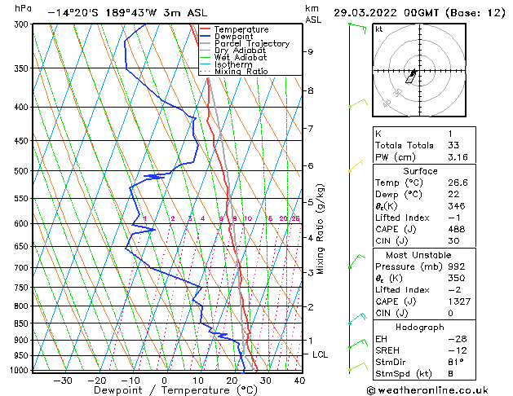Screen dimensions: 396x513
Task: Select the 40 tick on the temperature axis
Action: [299, 381]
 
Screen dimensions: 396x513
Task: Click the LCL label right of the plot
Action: [321, 355]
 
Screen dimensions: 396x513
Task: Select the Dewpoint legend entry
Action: [232, 37]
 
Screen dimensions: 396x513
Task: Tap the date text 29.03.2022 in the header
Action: [374, 13]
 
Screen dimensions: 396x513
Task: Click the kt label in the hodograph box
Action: [379, 29]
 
